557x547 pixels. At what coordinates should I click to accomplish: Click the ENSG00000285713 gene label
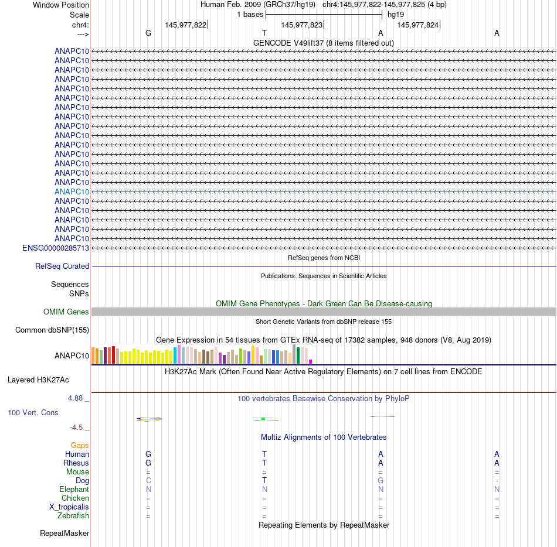[56, 248]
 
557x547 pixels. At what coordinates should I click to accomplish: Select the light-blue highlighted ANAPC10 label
[72, 192]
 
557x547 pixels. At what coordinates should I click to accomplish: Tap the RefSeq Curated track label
[62, 266]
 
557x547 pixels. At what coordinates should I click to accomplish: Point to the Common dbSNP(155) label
[52, 330]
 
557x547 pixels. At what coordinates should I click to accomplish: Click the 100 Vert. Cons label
[33, 412]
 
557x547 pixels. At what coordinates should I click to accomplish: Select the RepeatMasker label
[64, 534]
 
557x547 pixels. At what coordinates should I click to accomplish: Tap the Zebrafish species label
[73, 516]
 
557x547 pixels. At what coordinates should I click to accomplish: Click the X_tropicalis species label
[69, 507]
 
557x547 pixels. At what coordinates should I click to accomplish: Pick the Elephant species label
[74, 490]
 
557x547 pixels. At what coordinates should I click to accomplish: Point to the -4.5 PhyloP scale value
[80, 427]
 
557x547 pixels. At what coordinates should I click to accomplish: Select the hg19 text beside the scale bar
[396, 14]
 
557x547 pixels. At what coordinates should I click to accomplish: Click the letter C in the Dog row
[148, 481]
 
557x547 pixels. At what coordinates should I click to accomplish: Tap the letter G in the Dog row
[381, 481]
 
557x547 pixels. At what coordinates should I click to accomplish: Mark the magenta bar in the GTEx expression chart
[311, 361]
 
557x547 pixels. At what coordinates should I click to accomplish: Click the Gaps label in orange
[80, 446]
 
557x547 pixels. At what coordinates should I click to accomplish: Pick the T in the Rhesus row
[264, 463]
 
